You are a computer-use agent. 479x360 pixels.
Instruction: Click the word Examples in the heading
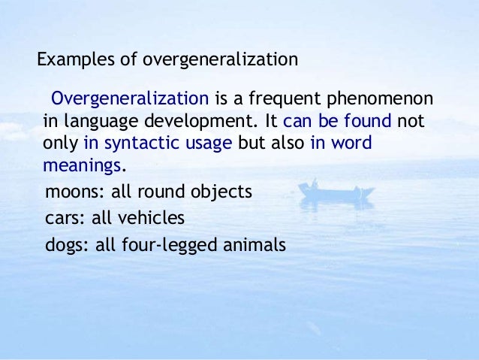coord(72,59)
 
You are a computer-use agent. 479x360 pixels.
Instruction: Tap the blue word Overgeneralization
coord(129,100)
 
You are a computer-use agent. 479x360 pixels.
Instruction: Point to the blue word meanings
coord(81,165)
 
